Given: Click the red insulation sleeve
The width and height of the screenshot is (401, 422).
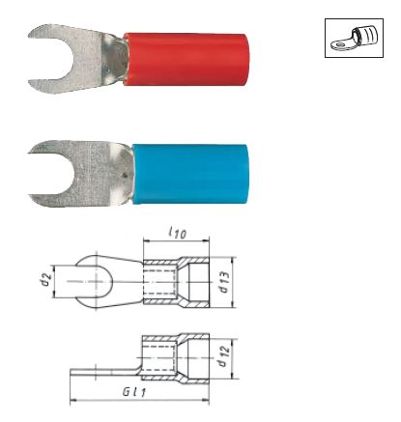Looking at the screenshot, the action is (x=186, y=59).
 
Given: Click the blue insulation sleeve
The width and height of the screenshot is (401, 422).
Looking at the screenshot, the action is (x=191, y=174).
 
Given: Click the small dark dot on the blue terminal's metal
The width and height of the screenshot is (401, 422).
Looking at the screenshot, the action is (x=126, y=176).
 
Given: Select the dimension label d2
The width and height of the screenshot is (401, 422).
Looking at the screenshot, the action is (x=46, y=279).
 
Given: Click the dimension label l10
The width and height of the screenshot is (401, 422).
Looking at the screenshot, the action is (x=178, y=233).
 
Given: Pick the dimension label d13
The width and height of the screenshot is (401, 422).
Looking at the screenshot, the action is (x=224, y=282).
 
